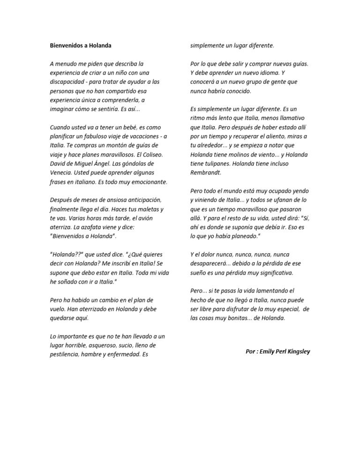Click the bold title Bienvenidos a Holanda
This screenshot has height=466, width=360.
tap(81, 45)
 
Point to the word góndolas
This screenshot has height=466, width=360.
tap(139, 163)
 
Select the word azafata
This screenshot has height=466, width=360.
tap(91, 226)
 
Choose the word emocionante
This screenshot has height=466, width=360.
tap(149, 181)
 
